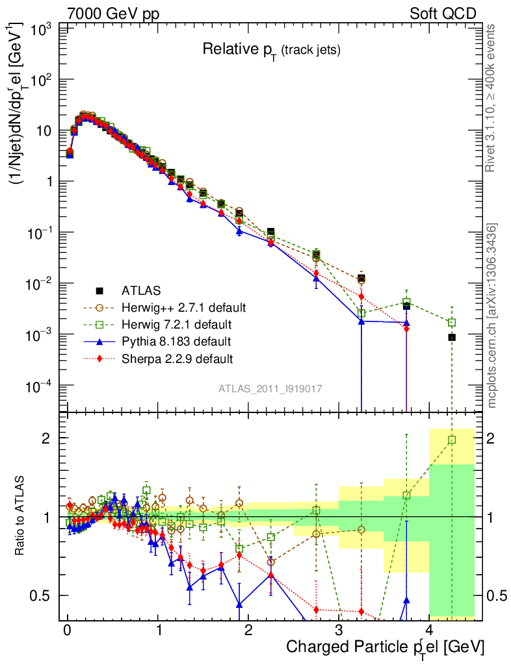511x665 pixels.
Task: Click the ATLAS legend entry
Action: coord(139,290)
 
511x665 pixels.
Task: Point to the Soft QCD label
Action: coord(443,14)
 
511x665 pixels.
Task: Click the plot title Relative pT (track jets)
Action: coord(271,49)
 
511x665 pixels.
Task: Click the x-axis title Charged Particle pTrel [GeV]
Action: coord(385,647)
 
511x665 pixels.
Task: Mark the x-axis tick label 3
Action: coord(339,630)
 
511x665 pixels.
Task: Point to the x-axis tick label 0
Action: coord(67,630)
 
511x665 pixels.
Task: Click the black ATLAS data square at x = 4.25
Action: coord(452,337)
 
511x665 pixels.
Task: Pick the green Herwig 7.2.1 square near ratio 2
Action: coord(452,440)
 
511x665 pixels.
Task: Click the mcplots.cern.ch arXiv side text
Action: coord(492,316)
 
